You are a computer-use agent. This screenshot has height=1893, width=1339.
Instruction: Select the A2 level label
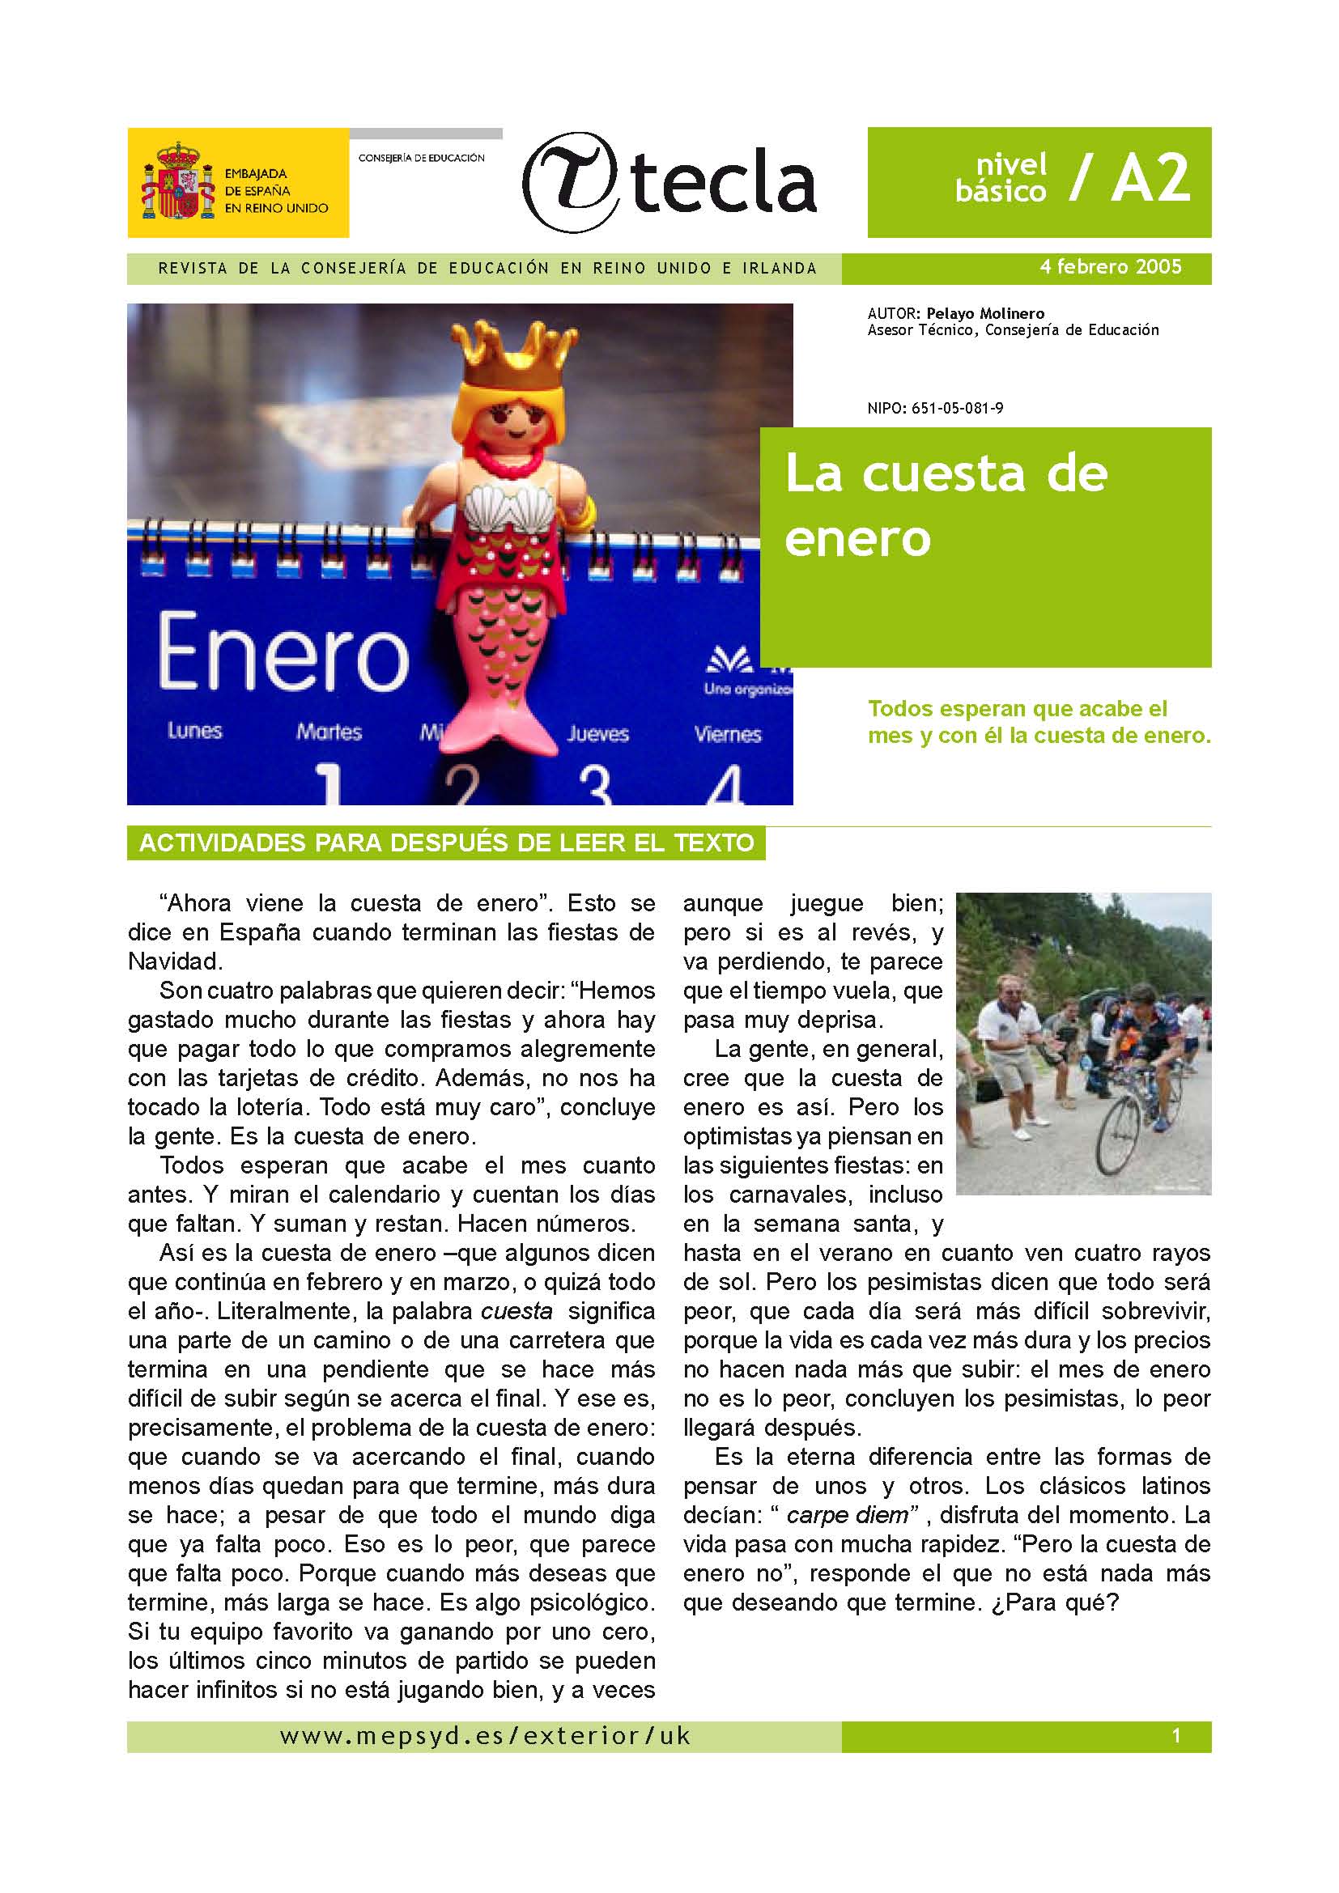click(x=1151, y=178)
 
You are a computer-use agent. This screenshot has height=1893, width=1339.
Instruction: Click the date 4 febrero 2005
click(x=1110, y=267)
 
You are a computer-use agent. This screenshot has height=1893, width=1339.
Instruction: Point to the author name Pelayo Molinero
click(x=984, y=313)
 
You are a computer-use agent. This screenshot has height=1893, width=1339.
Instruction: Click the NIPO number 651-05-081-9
click(x=957, y=408)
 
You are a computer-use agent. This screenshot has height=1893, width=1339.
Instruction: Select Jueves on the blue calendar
click(x=597, y=733)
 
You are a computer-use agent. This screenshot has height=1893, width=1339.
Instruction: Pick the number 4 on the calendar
click(x=725, y=787)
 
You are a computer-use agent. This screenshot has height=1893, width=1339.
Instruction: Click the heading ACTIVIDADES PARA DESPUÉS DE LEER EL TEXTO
click(x=446, y=843)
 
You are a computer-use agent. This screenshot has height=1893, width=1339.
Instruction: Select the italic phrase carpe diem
click(x=847, y=1515)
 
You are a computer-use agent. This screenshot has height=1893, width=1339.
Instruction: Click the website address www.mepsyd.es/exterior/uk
click(x=485, y=1736)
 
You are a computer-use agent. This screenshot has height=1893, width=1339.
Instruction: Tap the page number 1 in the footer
click(x=1175, y=1735)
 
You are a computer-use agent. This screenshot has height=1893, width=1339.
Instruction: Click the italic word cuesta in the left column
click(x=516, y=1312)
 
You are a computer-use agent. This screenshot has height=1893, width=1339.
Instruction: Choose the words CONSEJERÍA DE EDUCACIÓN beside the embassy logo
click(x=421, y=158)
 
